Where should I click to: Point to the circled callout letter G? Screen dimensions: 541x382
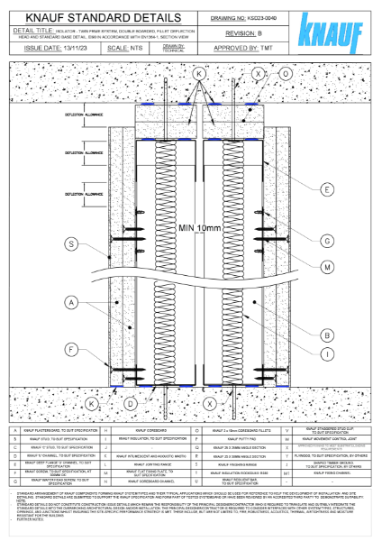(x=325, y=241)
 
